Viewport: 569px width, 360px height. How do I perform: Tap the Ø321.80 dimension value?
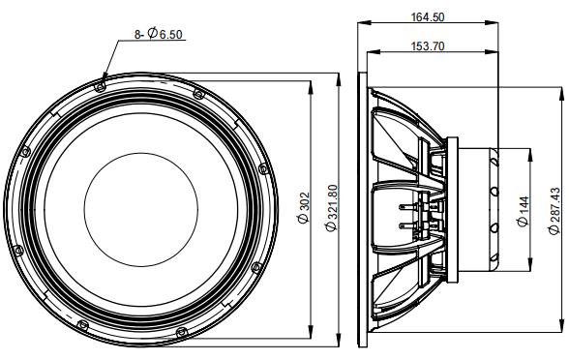pyautogui.click(x=331, y=209)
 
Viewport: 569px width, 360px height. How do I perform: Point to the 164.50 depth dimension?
pyautogui.click(x=460, y=16)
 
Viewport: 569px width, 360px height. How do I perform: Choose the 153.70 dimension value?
pyautogui.click(x=428, y=45)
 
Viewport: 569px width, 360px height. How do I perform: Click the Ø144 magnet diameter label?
pyautogui.click(x=524, y=209)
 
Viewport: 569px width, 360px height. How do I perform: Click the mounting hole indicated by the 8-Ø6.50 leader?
pyautogui.click(x=102, y=84)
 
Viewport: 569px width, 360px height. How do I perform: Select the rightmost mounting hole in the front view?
pyautogui.click(x=262, y=169)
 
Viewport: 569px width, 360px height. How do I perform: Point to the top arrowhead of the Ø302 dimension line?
pyautogui.click(x=311, y=86)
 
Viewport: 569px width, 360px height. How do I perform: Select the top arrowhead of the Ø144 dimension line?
pyautogui.click(x=530, y=152)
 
